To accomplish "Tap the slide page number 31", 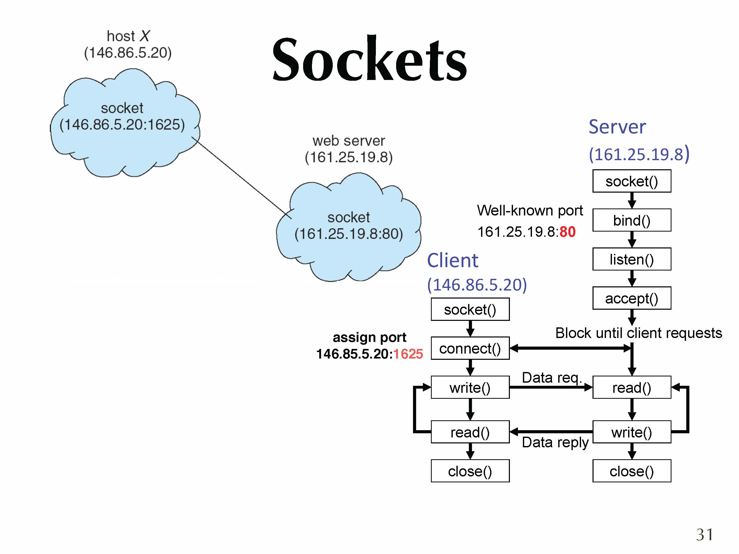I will [705, 534].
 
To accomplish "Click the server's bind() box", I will [631, 220].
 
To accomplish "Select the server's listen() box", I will [631, 259].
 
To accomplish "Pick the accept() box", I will [631, 298].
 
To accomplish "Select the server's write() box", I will [631, 432].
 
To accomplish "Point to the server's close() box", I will [631, 471].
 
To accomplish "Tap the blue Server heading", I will [617, 127].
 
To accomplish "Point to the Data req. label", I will [551, 378].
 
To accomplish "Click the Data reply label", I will [555, 442].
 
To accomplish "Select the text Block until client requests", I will [638, 333].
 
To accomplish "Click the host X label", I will [128, 36].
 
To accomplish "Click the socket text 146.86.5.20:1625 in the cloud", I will [122, 125].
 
